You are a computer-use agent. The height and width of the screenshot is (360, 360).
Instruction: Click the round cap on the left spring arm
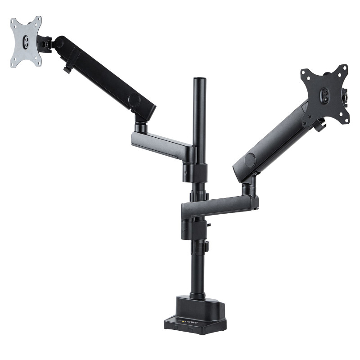point(134,99)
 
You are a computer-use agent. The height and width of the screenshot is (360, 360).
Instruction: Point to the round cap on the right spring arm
point(249,161)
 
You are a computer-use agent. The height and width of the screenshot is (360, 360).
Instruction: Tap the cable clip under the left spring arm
point(67,69)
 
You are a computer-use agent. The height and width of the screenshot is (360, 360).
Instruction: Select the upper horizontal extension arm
point(162,144)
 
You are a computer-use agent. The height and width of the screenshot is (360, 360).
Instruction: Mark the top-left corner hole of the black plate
point(306,72)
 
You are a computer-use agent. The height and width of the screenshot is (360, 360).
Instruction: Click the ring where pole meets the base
point(198,295)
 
